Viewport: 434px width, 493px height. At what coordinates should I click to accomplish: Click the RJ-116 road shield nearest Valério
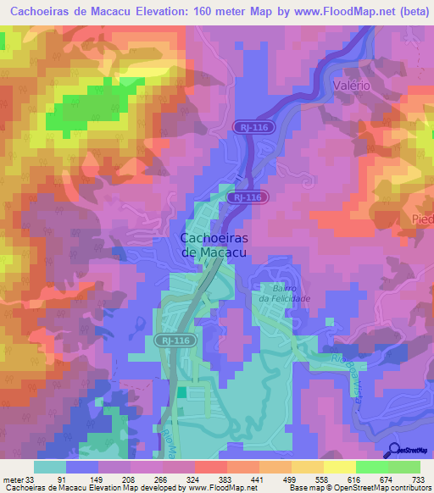pos(251,125)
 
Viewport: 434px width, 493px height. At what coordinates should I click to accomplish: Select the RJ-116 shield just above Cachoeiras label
pos(248,197)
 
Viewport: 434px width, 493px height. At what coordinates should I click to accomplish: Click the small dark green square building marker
pos(181,392)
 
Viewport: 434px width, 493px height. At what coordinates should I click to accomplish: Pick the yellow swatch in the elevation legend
pos(340,466)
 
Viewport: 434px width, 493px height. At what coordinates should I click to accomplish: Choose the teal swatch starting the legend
pos(50,466)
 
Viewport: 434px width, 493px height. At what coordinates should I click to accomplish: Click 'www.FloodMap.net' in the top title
pos(324,13)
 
